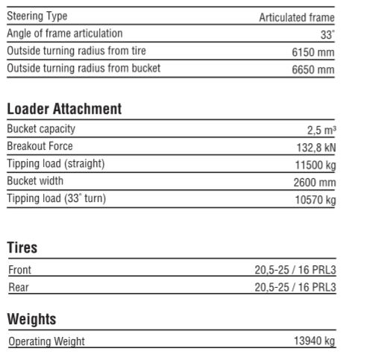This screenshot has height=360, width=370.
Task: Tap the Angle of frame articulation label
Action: (65, 34)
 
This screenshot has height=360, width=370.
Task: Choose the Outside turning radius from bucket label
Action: (83, 69)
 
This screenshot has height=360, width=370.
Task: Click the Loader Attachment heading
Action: (63, 110)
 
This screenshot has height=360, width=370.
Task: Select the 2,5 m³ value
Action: (321, 130)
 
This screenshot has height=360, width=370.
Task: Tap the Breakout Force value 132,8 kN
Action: (315, 148)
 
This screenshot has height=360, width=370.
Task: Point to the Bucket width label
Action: (35, 181)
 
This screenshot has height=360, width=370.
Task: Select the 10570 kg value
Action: (316, 200)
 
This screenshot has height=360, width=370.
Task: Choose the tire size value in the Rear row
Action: (295, 288)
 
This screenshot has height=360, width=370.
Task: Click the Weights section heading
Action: (31, 319)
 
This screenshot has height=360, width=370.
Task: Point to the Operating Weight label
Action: (46, 341)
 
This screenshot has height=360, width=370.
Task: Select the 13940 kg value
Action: (313, 341)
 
